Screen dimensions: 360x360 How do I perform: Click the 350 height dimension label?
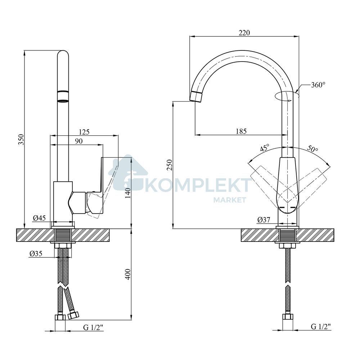tap(21, 139)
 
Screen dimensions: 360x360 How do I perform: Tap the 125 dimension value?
tap(84, 132)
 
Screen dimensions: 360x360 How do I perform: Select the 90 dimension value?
tap(79, 141)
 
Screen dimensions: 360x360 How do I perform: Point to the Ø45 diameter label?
tap(39, 218)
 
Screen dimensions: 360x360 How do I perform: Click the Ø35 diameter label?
tap(36, 253)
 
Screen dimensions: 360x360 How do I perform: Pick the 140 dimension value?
tap(128, 193)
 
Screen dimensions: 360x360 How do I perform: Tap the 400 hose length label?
tap(128, 274)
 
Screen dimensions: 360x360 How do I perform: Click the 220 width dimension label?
tap(244, 33)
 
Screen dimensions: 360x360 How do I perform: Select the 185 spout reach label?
tap(241, 131)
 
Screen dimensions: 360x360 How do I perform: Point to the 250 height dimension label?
tap(170, 165)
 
